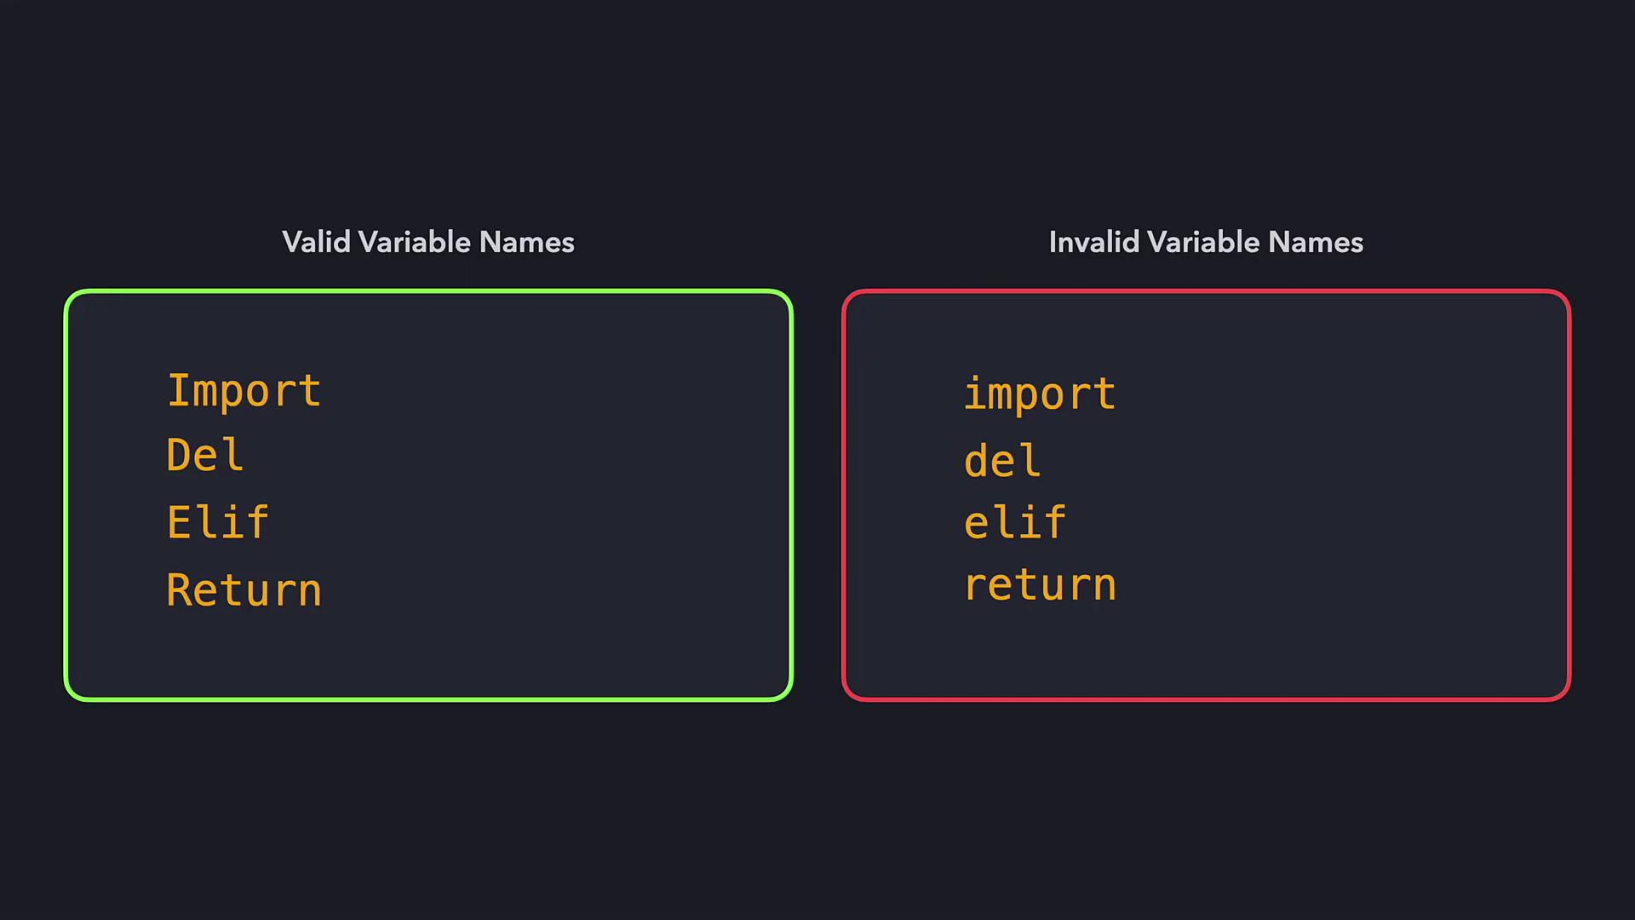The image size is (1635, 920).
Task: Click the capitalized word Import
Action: coord(244,392)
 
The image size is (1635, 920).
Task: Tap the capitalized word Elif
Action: coord(218,521)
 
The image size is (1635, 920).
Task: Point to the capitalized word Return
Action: coord(244,589)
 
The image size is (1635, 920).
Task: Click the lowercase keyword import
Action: coord(1040,394)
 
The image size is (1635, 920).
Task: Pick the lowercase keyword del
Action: coord(1002,460)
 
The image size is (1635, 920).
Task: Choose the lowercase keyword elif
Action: coord(1015,521)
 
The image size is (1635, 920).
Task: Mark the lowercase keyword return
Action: coord(1040,585)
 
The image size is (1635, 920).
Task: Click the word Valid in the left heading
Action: coord(317,242)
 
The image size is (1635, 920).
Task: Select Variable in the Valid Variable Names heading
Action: coord(415,242)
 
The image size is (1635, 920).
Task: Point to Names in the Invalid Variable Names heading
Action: coord(1316,242)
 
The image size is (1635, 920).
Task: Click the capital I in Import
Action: coord(180,390)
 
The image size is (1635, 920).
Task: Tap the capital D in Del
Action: coord(180,454)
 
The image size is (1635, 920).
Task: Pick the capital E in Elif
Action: coord(180,521)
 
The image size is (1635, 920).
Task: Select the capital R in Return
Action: coord(180,589)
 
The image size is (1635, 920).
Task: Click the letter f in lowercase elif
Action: coord(1053,521)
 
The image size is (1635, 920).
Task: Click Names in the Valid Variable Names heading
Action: coord(527,242)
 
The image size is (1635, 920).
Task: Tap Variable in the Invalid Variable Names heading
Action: coord(1204,242)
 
